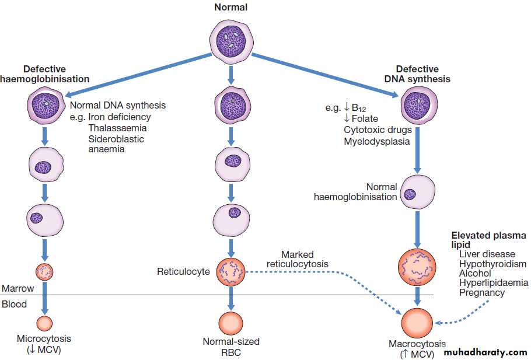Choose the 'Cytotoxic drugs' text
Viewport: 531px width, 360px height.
point(378,130)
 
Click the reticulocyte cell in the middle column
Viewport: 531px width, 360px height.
point(231,271)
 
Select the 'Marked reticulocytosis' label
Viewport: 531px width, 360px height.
point(297,260)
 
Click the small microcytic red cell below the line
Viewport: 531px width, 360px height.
point(44,323)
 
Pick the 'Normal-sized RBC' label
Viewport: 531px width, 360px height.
point(231,347)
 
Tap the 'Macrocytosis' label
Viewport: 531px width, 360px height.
point(417,344)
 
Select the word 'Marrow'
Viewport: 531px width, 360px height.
point(18,288)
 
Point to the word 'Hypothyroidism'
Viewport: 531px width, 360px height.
point(492,264)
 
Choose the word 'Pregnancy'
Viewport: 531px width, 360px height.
point(482,292)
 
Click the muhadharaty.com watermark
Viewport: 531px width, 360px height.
point(485,352)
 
